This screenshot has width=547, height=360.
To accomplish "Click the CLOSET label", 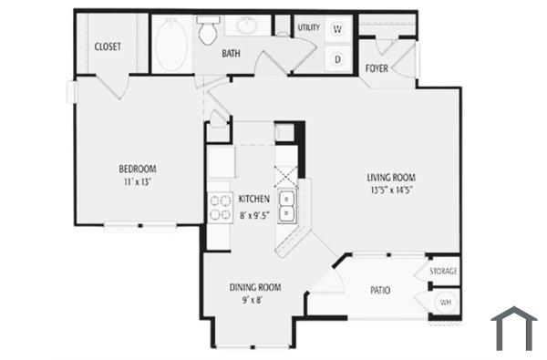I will tap(108, 46).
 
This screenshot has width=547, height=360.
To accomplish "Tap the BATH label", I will tap(232, 54).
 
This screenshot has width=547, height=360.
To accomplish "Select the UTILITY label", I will tap(308, 28).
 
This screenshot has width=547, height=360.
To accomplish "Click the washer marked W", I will tap(337, 29).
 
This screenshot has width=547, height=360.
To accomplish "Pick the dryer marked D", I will tap(337, 59).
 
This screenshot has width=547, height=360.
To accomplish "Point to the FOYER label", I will tap(376, 68).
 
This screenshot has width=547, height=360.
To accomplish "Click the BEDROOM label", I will tap(138, 169).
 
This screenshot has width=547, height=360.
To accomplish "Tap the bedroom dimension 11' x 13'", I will tap(138, 182).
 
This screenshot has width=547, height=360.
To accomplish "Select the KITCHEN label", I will tap(253, 199).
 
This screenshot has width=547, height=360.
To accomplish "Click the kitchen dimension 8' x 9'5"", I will tap(254, 216).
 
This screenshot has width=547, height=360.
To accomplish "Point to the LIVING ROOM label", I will tap(391, 177).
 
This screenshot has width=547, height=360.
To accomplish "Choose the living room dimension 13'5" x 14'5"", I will tap(392, 190).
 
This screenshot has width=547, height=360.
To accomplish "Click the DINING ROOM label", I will tap(254, 287).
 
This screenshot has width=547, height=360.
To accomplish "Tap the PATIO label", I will tap(380, 291).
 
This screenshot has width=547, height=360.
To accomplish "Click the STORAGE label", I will tap(444, 272).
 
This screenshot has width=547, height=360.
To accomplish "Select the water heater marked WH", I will tap(445, 302).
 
